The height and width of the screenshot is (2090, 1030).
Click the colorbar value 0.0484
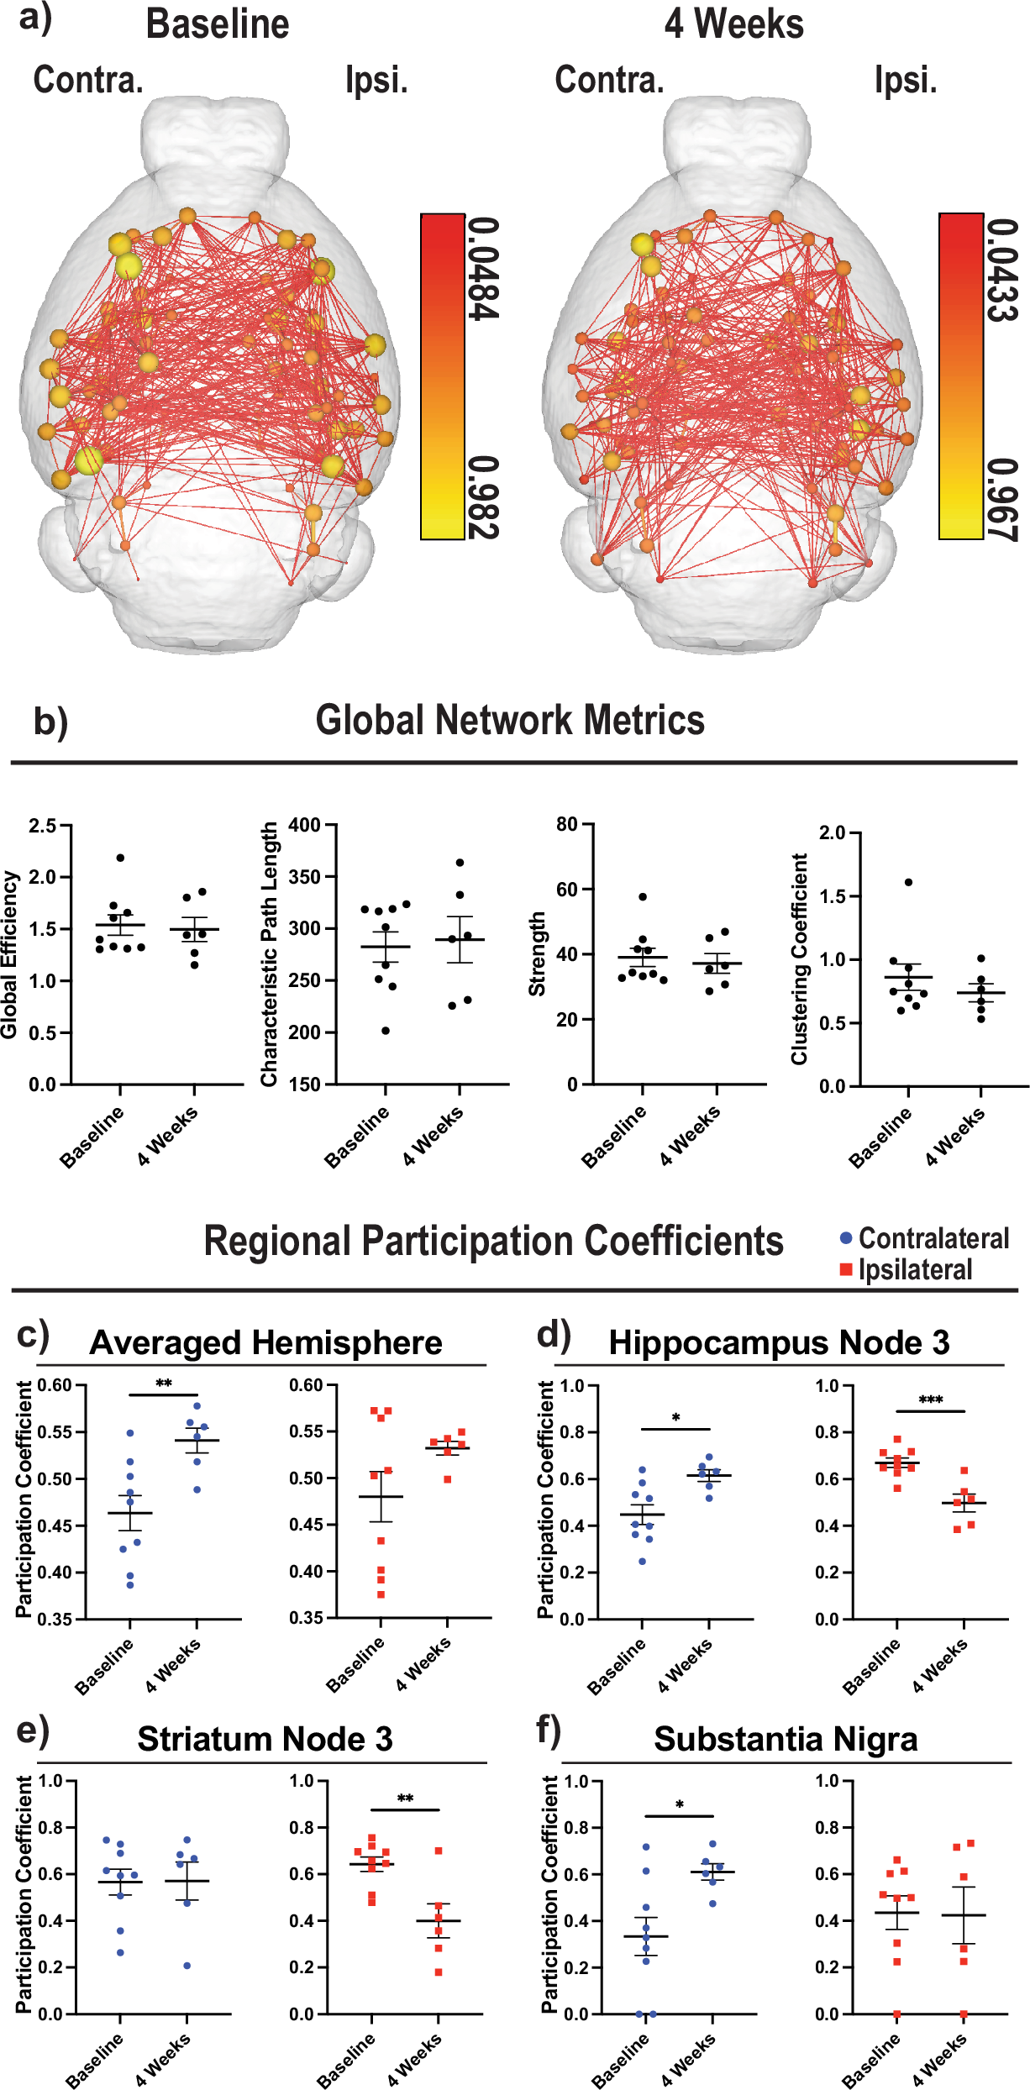click(483, 269)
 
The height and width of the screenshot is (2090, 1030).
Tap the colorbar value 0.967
click(1002, 500)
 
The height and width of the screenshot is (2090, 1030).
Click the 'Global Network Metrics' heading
click(510, 721)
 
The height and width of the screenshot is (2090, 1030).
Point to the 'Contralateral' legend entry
click(924, 1239)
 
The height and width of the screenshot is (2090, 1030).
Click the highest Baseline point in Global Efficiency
click(120, 858)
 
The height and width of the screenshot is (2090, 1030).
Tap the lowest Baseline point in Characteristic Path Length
click(386, 1031)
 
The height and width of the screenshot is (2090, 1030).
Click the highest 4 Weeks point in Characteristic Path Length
click(460, 863)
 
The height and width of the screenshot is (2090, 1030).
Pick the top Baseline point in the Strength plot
click(643, 897)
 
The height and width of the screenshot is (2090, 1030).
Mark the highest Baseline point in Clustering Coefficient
click(908, 882)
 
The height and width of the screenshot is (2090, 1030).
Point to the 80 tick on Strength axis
click(566, 824)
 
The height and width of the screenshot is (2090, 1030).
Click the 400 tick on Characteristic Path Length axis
click(304, 825)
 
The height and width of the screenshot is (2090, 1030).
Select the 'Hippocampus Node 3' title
click(779, 1343)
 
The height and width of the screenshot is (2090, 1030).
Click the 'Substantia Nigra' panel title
click(785, 1740)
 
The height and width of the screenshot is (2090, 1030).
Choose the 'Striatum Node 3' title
click(265, 1740)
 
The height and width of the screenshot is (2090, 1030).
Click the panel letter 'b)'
click(50, 722)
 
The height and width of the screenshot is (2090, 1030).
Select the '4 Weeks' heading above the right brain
click(733, 24)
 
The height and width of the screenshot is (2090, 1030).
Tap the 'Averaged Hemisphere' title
click(265, 1343)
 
